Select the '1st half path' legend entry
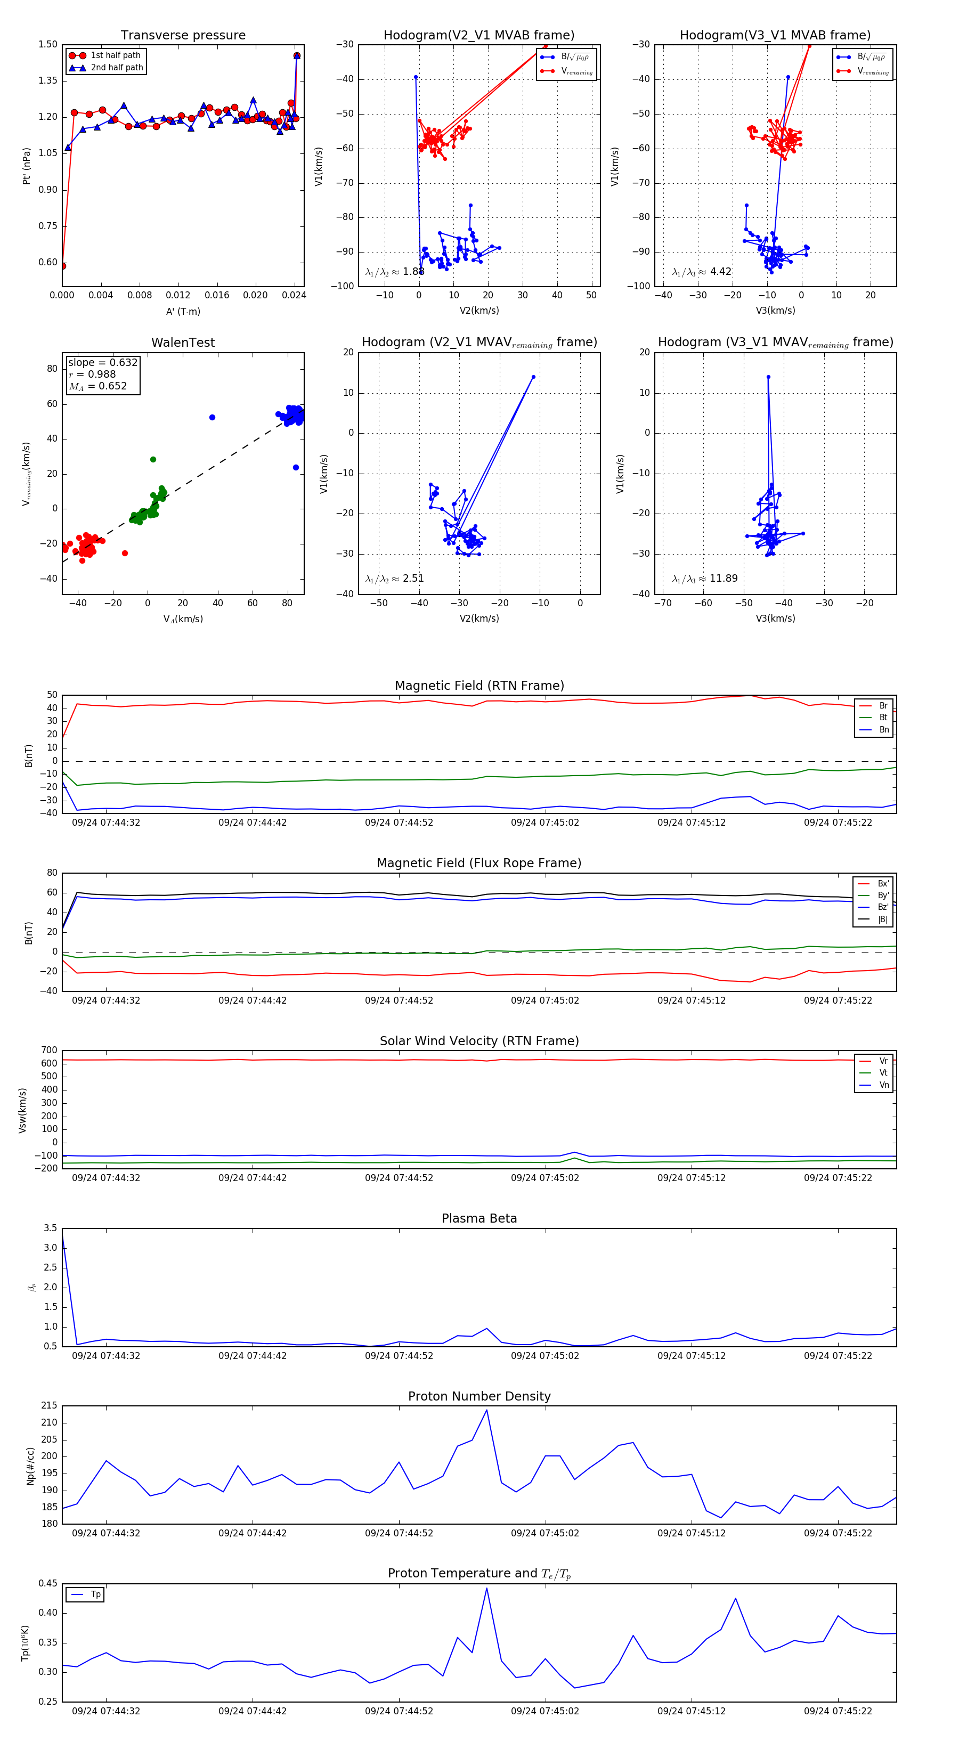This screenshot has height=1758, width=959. (x=115, y=55)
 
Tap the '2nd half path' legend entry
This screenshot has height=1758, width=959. (x=117, y=68)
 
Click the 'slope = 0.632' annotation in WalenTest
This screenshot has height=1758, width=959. (x=102, y=362)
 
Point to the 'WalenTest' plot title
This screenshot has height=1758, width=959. (x=183, y=343)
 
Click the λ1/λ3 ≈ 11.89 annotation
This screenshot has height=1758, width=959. (x=704, y=579)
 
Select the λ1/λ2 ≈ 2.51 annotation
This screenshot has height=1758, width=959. (x=394, y=579)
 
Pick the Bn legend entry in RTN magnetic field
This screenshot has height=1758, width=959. (x=883, y=729)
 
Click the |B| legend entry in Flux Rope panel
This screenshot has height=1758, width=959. (x=882, y=919)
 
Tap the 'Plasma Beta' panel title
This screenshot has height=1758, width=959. (x=479, y=1218)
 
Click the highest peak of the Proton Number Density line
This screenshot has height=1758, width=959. (x=486, y=1410)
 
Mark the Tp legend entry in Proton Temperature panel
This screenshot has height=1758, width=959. (x=95, y=1594)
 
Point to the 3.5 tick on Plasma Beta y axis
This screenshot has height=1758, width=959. (x=51, y=1228)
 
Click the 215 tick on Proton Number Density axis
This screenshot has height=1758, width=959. (x=49, y=1406)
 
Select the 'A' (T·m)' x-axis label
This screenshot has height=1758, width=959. (x=183, y=311)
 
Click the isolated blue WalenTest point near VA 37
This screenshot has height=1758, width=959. (x=212, y=417)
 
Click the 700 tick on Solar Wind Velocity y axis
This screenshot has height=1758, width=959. (x=49, y=1051)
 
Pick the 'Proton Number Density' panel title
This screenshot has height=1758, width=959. (x=479, y=1396)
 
